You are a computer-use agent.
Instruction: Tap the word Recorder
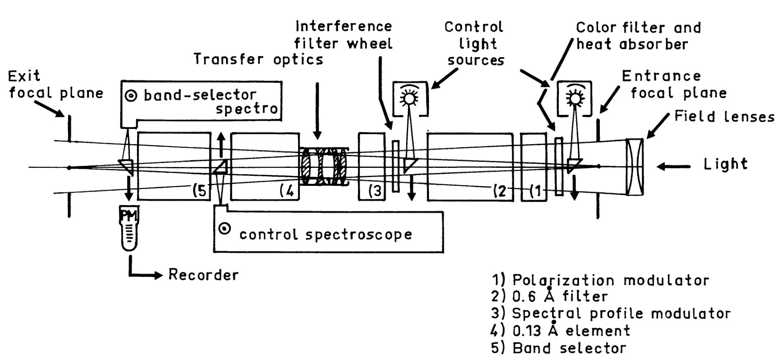coord(203,275)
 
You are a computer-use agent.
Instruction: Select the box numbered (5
coord(174,166)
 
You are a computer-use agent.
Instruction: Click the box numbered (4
coord(265,166)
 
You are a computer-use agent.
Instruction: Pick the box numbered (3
coord(371,166)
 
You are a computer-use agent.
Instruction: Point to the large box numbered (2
coord(470,166)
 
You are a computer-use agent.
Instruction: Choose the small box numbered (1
coord(533,166)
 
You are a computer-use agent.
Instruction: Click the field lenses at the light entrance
coord(635,166)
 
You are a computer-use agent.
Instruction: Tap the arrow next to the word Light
coord(673,166)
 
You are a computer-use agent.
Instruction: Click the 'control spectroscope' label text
coord(325,234)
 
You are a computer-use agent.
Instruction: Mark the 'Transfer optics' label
coord(259,60)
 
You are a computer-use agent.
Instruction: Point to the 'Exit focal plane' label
coord(56,84)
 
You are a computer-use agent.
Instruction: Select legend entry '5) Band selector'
coord(559,348)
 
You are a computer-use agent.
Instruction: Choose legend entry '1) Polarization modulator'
coord(600,280)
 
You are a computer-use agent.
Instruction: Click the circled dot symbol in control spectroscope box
coord(225,229)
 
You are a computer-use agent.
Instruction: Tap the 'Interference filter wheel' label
coord(343,35)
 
